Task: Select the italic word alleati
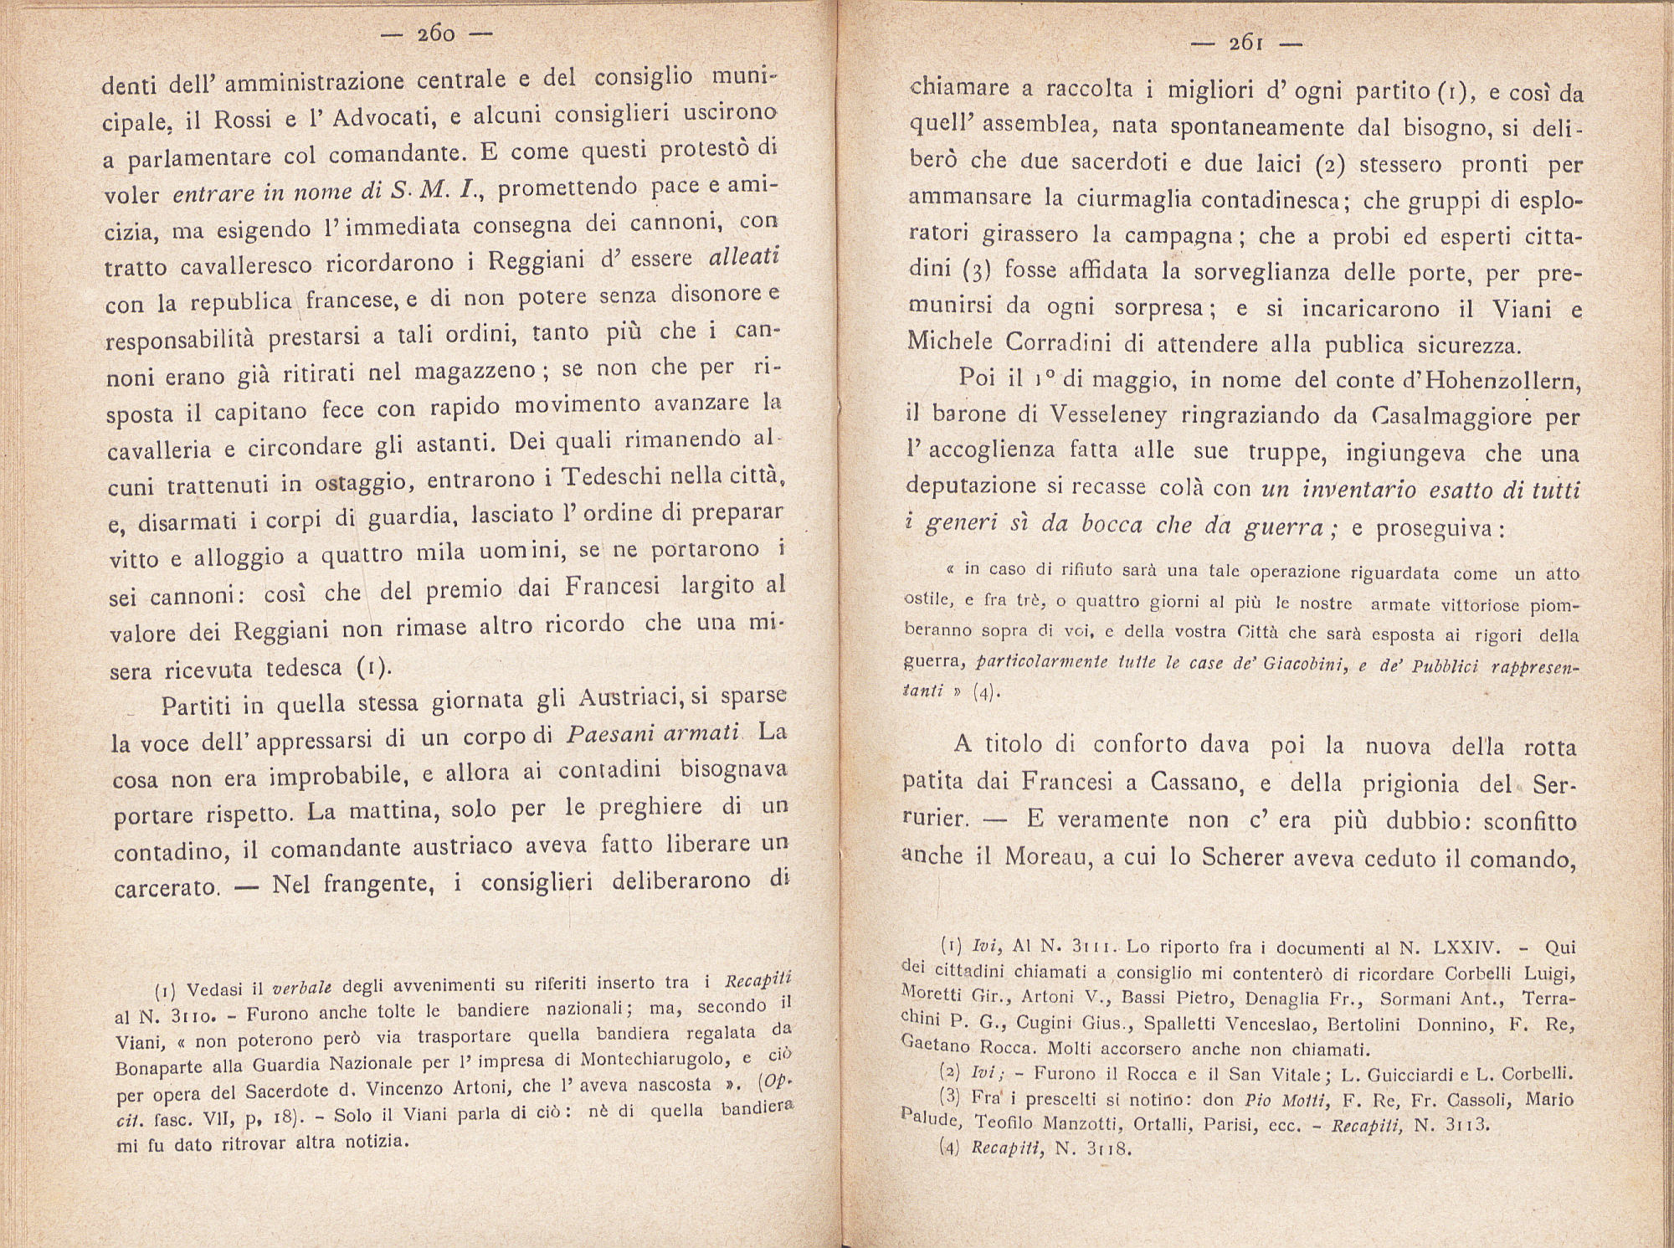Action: pos(743,256)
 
